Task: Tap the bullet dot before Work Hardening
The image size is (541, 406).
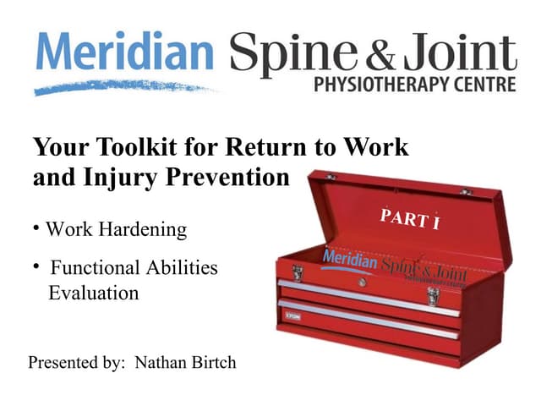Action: pyautogui.click(x=37, y=228)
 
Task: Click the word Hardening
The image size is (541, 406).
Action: pyautogui.click(x=145, y=229)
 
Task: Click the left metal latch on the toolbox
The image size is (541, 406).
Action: pyautogui.click(x=298, y=273)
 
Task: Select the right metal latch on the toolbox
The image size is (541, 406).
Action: pyautogui.click(x=433, y=294)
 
